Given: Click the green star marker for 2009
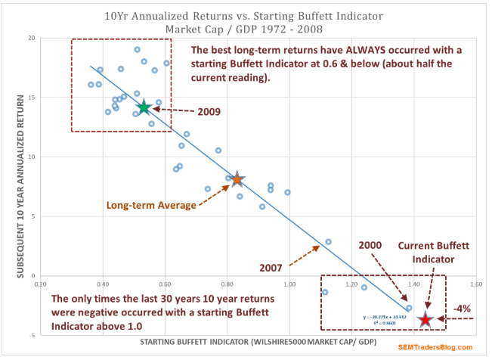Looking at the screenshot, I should click(x=144, y=107).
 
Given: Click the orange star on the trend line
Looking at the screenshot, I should click(x=237, y=179).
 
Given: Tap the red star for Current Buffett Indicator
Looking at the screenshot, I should click(x=425, y=320).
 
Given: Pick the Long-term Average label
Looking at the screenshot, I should click(x=152, y=205).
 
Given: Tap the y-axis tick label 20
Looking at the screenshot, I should click(x=32, y=38).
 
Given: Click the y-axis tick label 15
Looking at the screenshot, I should click(x=32, y=97).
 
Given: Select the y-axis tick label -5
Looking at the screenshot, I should click(x=32, y=334).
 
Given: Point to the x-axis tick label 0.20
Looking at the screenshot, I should click(x=41, y=285).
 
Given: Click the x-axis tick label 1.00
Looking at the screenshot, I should click(x=289, y=285).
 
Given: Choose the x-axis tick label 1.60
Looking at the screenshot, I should click(x=476, y=285).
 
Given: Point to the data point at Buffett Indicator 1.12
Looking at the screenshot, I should click(x=328, y=241).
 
